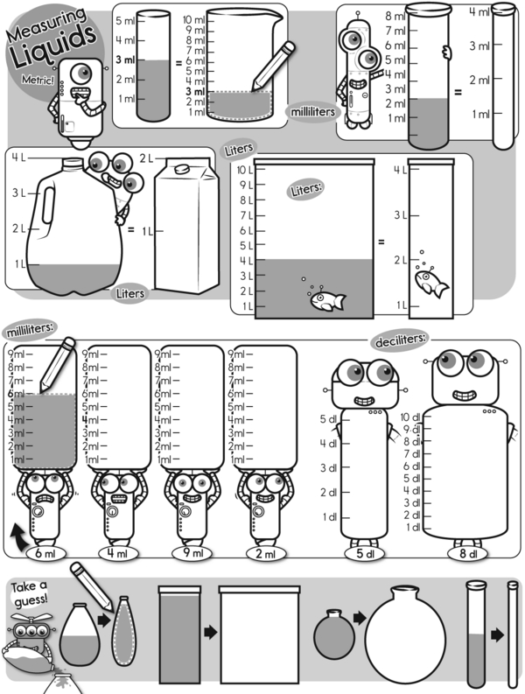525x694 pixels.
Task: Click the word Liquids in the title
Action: coord(53,46)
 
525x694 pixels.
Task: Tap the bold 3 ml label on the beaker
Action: coord(195,92)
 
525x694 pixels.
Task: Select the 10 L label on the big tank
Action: coord(245,170)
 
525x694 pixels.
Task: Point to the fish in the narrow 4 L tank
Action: coord(431,283)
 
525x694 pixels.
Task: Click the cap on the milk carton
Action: coord(183,169)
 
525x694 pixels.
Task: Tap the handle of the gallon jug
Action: coord(49,206)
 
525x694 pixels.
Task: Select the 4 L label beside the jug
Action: coord(18,158)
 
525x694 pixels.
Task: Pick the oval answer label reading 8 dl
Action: coord(468,553)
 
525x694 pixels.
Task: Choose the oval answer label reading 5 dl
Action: coord(365,553)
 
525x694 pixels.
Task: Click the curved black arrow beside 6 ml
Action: coord(18,535)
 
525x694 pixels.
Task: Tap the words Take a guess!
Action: coord(29,594)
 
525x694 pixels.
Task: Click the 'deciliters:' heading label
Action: coord(401,340)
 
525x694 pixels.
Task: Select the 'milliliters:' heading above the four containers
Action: coord(31,328)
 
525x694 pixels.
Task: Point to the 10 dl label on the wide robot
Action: coord(410,417)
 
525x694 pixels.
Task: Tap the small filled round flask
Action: coord(334,634)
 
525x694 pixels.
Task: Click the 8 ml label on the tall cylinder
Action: coord(395,17)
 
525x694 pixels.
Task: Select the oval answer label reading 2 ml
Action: coord(266,553)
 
